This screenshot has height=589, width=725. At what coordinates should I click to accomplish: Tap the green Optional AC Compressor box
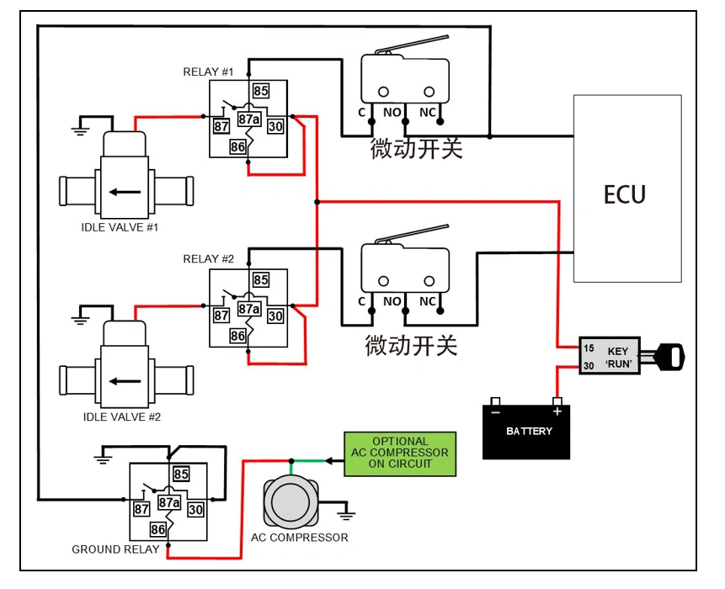[400, 453]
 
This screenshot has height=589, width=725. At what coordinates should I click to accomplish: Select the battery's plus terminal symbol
[556, 412]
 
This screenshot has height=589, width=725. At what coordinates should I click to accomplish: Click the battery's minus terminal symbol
[496, 412]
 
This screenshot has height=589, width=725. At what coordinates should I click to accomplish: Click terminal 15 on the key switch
[589, 348]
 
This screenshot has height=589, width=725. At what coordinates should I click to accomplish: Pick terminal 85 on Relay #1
[260, 90]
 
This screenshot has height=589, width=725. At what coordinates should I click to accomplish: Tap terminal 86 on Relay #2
[238, 336]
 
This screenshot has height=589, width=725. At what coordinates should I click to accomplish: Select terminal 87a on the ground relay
[169, 502]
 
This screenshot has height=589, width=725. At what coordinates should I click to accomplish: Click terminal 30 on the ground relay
[195, 509]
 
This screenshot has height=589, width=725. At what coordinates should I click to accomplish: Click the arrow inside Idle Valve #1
[124, 191]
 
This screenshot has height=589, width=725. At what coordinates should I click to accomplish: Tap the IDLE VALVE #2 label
[121, 417]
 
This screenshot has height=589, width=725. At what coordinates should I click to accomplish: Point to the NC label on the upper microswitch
[428, 111]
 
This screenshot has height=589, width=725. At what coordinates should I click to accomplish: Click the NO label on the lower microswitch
[392, 301]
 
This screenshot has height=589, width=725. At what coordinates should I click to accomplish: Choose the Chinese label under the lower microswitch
[411, 345]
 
